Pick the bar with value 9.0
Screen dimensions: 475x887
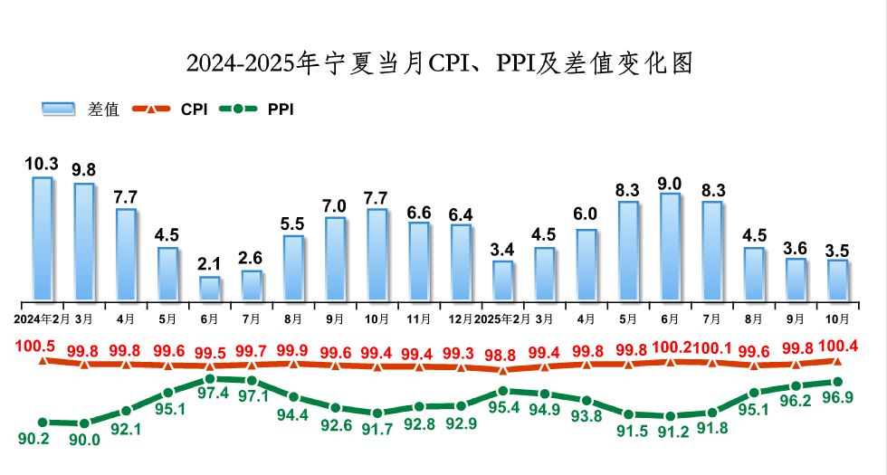coord(670,246)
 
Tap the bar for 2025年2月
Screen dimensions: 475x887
coord(502,280)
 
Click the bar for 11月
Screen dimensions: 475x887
coord(418,261)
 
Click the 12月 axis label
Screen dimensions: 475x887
coord(460,319)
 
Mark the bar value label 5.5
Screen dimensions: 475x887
coord(293,223)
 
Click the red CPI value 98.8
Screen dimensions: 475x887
coord(502,350)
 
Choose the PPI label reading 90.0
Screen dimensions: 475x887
coord(84,440)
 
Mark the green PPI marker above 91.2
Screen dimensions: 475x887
coord(670,416)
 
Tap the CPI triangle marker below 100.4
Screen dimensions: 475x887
coord(837,362)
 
